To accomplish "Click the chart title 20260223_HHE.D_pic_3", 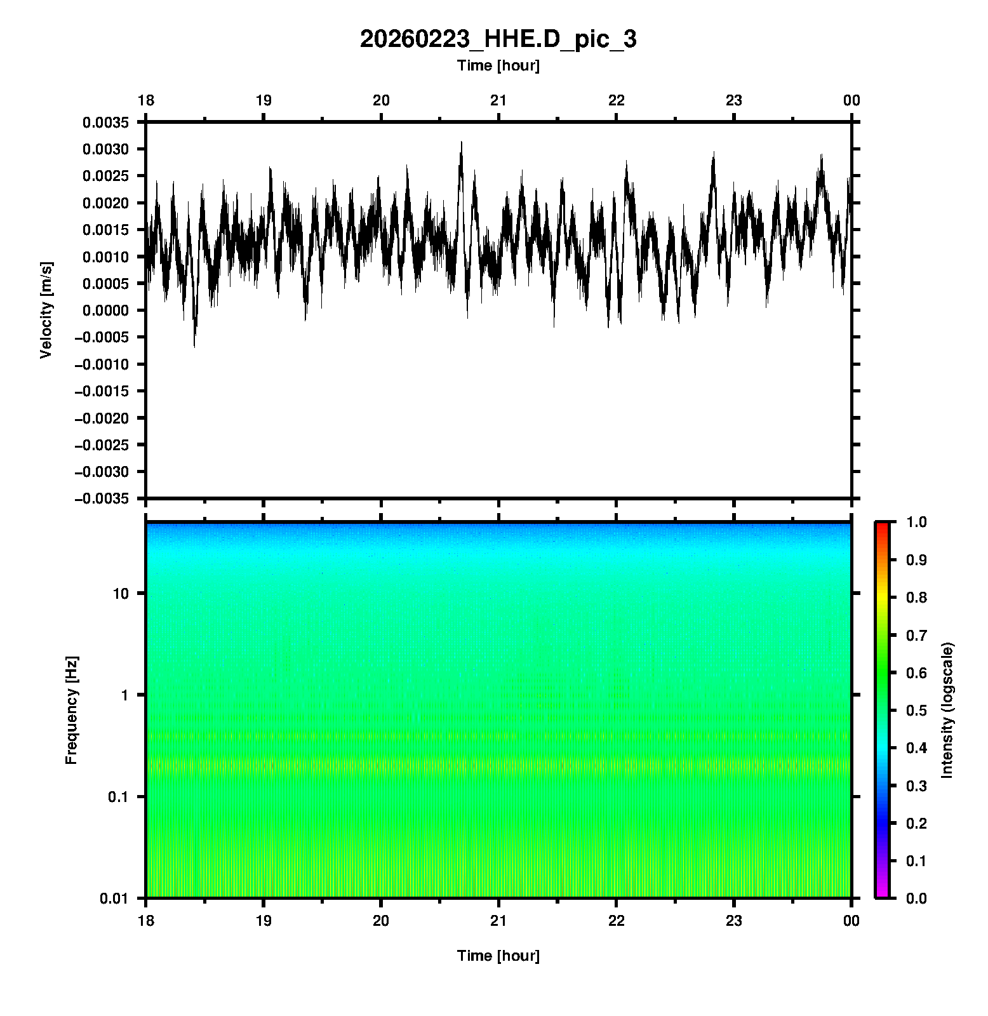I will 498,39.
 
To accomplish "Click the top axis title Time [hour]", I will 498,65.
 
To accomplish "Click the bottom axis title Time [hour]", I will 498,956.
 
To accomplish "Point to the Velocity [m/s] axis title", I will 46,310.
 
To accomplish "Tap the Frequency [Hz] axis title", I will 71,710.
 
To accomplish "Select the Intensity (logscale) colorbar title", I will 947,710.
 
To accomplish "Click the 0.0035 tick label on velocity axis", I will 105,123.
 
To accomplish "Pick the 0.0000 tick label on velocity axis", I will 105,311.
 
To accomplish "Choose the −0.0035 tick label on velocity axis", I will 102,499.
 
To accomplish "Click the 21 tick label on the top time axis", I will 498,100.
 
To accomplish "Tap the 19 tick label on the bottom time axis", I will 264,921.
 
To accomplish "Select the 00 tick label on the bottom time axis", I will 851,921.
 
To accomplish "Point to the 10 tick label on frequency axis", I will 121,594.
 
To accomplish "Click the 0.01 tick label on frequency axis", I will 114,899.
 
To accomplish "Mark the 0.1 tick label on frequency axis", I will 117,797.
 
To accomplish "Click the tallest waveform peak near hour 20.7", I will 462,142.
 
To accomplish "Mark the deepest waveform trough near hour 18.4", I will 194,346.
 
